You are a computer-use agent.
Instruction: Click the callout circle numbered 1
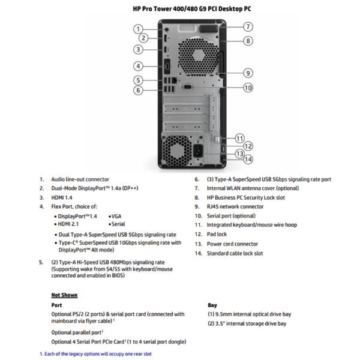138,28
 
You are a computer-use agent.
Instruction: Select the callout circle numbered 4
138,66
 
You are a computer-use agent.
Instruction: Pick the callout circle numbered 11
239,137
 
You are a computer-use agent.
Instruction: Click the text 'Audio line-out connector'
80,179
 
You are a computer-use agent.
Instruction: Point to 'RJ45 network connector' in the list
235,206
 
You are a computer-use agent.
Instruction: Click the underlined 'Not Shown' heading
64,295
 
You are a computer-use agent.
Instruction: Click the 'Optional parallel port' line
77,332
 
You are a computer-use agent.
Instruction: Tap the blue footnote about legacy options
96,354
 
